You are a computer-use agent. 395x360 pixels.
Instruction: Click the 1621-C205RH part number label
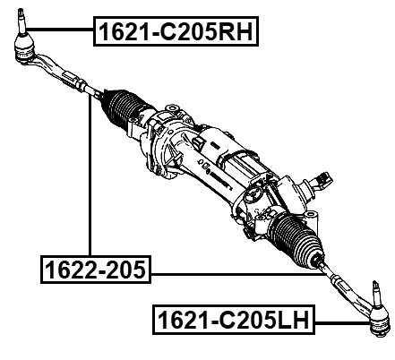pos(176,33)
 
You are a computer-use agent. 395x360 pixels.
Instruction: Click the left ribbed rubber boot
pos(122,111)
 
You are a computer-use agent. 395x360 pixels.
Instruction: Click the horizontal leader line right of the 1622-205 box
pos(233,273)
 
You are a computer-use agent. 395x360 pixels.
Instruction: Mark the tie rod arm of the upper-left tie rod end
pos(54,72)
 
